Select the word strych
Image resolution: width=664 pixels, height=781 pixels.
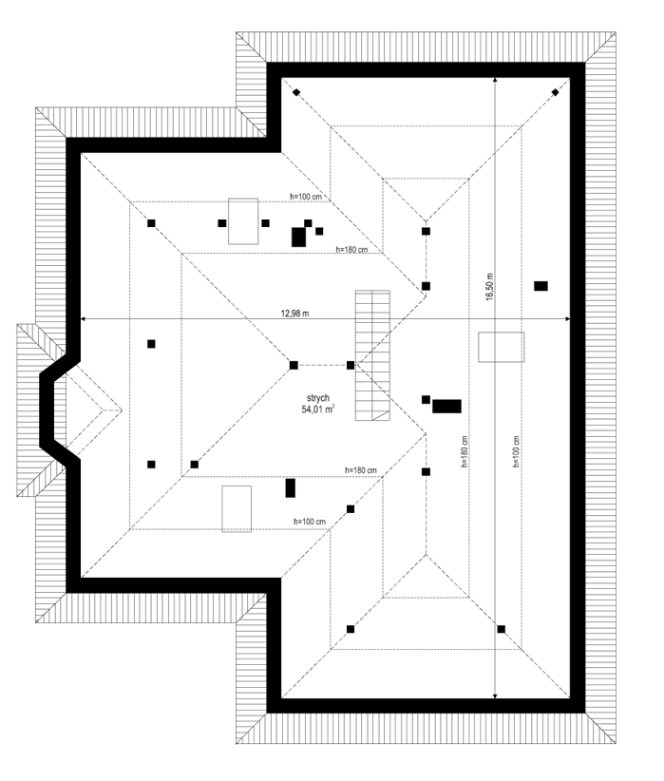[x=317, y=398]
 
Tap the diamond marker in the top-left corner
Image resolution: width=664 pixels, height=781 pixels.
[x=296, y=92]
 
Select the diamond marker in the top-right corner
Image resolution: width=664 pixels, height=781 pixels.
[x=555, y=92]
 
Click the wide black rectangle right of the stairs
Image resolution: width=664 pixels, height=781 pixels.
[x=446, y=406]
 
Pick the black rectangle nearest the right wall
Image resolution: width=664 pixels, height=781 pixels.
[x=541, y=285]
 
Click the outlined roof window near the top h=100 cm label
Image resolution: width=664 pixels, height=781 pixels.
[x=243, y=221]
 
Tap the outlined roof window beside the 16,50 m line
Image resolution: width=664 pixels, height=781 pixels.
[x=502, y=347]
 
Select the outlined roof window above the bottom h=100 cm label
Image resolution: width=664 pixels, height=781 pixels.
[x=237, y=508]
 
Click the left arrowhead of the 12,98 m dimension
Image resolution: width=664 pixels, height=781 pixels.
[x=84, y=319]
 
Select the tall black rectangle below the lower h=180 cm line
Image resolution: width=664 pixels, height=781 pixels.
[x=291, y=488]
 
